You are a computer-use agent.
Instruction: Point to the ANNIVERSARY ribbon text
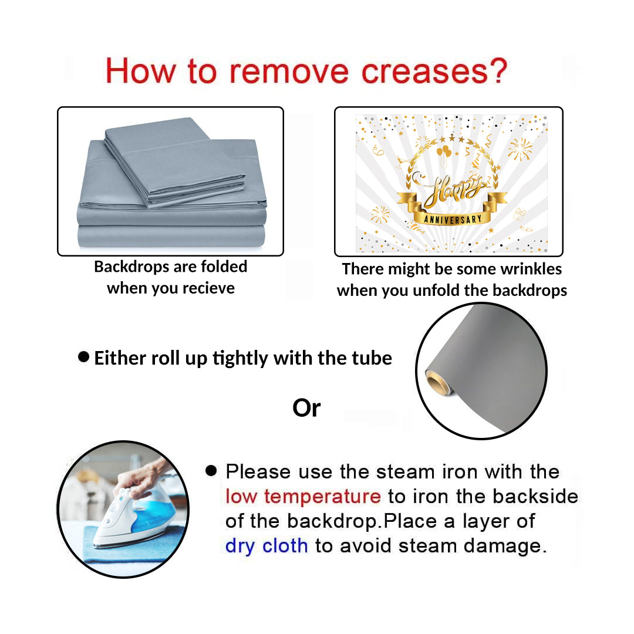click(x=453, y=219)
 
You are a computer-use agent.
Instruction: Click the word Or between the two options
click(x=306, y=408)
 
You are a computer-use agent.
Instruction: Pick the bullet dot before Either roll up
click(x=83, y=357)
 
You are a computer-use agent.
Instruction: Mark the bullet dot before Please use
click(x=211, y=470)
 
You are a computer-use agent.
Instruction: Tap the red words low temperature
click(x=303, y=497)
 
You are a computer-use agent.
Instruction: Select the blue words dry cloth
click(x=267, y=546)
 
